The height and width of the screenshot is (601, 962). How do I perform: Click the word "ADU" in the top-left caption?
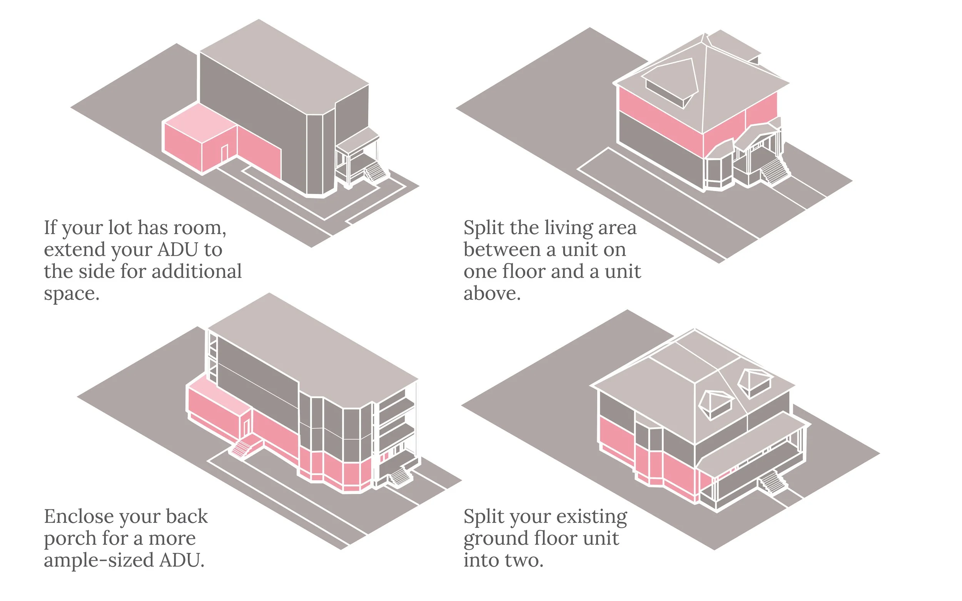pyautogui.click(x=177, y=249)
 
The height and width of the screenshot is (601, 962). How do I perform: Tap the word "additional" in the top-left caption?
pyautogui.click(x=197, y=271)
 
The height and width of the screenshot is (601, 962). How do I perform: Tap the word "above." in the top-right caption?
pyautogui.click(x=492, y=294)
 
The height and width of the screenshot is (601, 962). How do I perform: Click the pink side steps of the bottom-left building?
pyautogui.click(x=242, y=447)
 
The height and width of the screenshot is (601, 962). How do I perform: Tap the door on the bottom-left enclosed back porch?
pyautogui.click(x=246, y=427)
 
